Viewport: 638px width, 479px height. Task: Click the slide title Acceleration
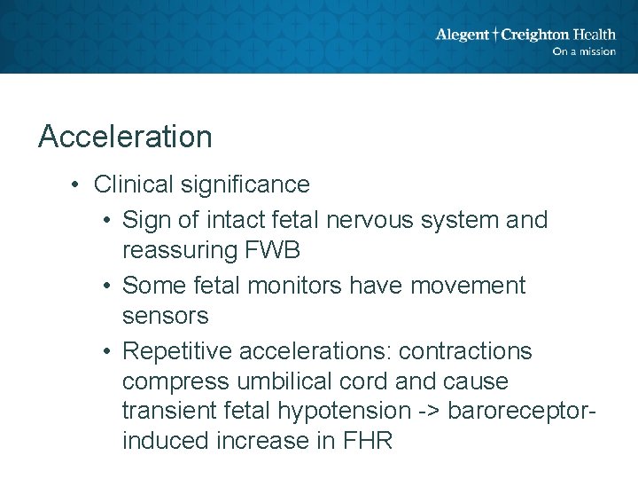click(125, 137)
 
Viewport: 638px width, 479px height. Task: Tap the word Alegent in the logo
click(462, 35)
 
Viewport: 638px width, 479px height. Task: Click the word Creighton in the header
click(536, 35)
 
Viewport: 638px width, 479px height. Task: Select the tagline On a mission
click(583, 51)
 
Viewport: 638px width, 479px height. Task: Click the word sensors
click(165, 316)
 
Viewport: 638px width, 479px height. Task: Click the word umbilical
click(287, 382)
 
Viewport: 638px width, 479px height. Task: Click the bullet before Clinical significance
click(77, 185)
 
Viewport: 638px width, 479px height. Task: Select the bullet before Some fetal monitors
click(105, 286)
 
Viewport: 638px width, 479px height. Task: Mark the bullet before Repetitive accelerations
click(105, 351)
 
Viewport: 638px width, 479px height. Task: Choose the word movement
click(471, 286)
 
